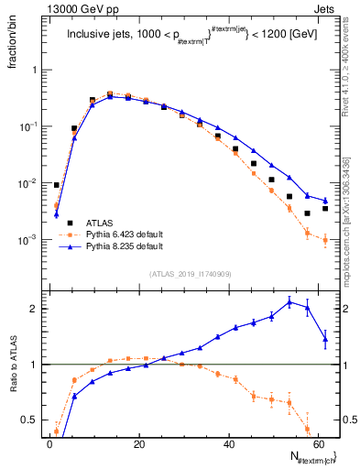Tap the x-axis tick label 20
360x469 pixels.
[138, 444]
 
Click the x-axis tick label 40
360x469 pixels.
[228, 444]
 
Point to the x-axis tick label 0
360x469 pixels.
[49, 444]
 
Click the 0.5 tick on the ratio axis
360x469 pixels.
[33, 420]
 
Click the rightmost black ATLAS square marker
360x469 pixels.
[325, 210]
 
